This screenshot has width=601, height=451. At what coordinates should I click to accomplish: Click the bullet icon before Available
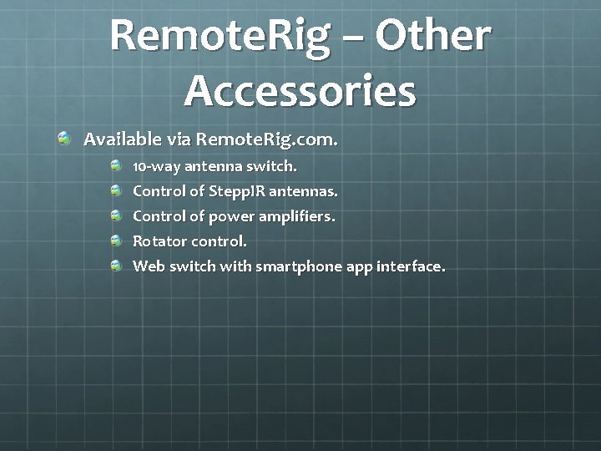tap(64, 137)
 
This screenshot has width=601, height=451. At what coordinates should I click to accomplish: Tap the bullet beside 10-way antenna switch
tap(117, 165)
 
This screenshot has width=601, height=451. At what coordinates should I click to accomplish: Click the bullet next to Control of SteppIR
tap(117, 190)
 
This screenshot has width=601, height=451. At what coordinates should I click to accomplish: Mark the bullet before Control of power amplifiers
tap(117, 215)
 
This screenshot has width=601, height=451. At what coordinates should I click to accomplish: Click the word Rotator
tap(159, 241)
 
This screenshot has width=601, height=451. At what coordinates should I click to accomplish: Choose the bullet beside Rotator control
tap(117, 241)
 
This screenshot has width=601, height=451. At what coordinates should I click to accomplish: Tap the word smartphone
tap(293, 267)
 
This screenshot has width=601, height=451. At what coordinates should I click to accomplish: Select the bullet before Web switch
tap(117, 266)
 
